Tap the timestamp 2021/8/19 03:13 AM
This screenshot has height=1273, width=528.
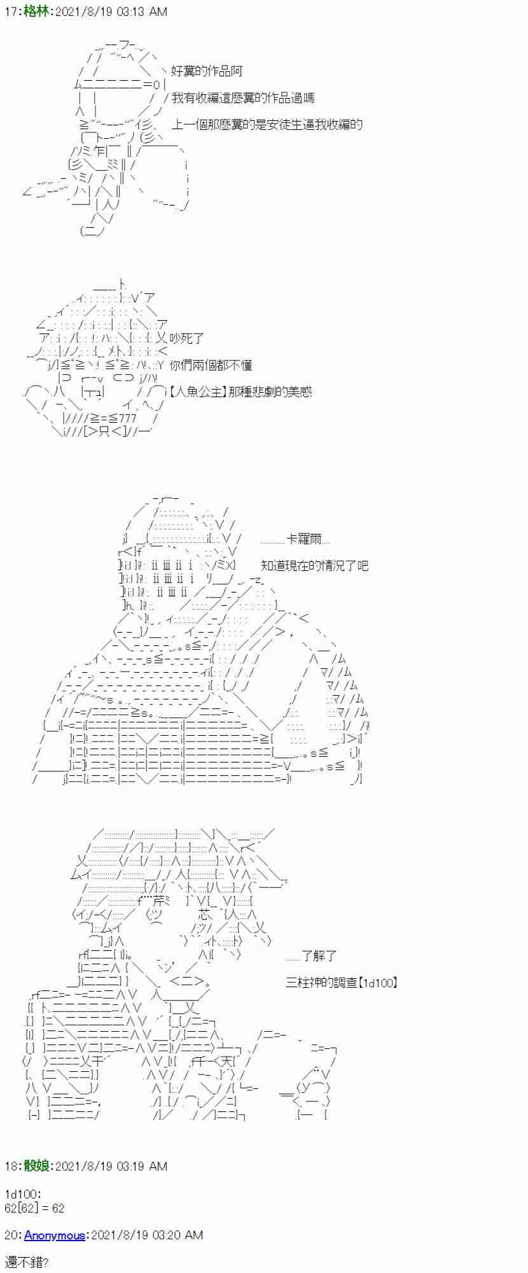point(111,11)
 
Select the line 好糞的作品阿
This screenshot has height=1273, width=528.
point(207,71)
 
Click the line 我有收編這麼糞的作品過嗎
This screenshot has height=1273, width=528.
point(242,98)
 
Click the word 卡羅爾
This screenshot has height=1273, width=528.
point(309,540)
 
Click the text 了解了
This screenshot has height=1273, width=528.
point(319,956)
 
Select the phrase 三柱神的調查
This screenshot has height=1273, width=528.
point(319,983)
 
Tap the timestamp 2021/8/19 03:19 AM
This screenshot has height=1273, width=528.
point(111,1166)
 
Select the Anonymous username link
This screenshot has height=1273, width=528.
point(55,1235)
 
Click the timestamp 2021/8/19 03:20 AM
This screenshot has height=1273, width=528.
point(147,1235)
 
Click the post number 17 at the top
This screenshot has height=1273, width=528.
point(10,11)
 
